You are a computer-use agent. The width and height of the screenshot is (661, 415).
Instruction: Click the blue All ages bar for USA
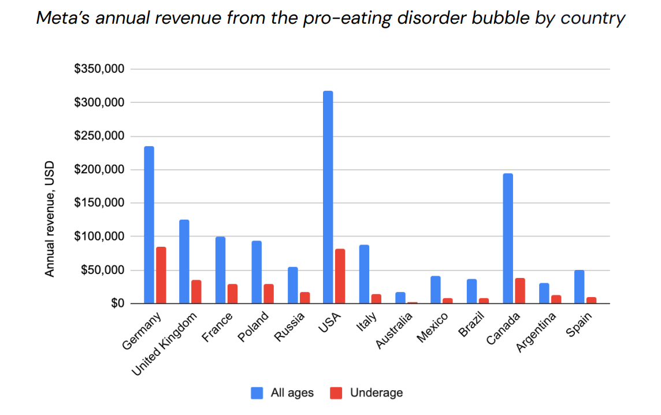coord(328,197)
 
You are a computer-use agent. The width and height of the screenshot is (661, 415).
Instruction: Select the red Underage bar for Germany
coord(161,275)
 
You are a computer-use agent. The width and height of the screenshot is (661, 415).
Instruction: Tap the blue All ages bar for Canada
coord(508,238)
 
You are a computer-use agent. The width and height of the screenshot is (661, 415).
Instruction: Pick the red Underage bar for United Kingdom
coord(196,292)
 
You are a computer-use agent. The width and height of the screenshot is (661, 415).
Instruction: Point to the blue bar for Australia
coord(400,298)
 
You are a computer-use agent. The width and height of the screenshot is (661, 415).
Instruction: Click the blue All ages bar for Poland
coord(256,272)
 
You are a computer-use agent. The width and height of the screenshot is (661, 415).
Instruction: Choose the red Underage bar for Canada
coord(520,291)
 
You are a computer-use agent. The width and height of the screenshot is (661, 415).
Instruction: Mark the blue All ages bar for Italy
coord(364,274)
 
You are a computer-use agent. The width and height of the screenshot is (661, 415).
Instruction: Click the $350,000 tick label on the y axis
coord(99,69)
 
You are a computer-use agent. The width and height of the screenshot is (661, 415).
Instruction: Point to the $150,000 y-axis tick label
coord(99,203)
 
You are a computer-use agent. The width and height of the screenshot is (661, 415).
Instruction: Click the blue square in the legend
coord(257,393)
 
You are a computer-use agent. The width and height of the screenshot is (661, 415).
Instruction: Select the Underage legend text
coord(376,393)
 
